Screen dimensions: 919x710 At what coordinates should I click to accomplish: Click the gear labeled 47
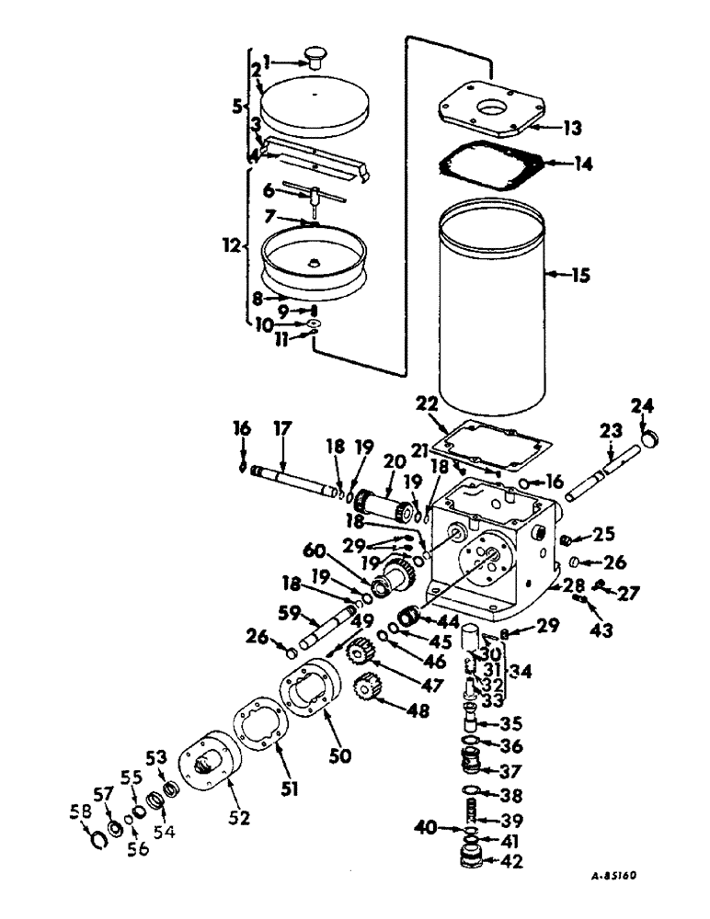pyautogui.click(x=359, y=655)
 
